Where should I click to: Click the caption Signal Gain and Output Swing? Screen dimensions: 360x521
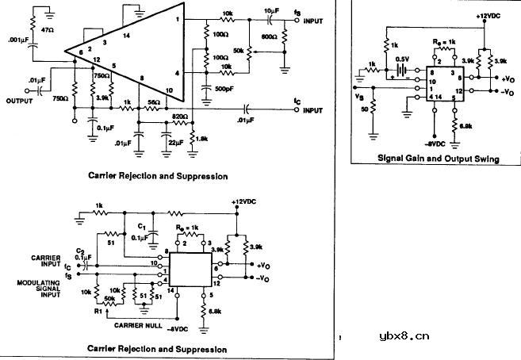pos(438,159)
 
